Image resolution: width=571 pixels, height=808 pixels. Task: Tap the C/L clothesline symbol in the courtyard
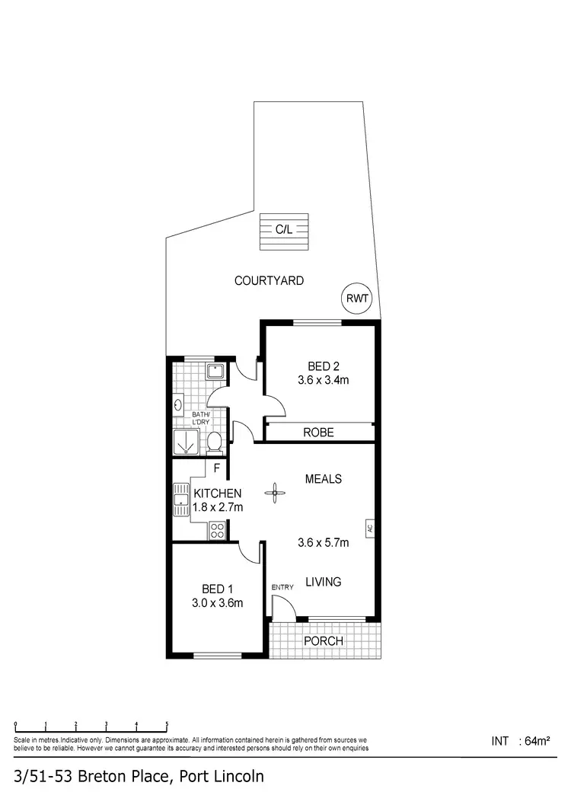285,232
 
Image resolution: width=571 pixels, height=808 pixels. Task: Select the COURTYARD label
269,281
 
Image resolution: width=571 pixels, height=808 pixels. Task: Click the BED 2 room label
319,366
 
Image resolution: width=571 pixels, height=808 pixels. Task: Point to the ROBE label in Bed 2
318,432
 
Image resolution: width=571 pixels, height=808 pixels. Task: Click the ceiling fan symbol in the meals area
273,493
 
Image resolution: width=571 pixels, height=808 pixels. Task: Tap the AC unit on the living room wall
370,527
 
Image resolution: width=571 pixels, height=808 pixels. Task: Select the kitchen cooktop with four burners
217,530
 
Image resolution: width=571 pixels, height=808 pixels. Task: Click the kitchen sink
181,500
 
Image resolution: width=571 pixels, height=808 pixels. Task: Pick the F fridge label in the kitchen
217,468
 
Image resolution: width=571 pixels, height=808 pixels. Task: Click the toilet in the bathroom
215,441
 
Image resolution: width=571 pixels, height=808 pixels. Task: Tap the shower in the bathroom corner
186,441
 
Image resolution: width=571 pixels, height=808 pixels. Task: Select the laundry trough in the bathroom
215,372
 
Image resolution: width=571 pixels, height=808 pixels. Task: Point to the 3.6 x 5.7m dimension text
323,543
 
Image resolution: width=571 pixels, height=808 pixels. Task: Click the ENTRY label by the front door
282,587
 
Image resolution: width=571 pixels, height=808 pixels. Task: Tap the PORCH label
323,641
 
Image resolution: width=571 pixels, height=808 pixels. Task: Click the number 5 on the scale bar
167,724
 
